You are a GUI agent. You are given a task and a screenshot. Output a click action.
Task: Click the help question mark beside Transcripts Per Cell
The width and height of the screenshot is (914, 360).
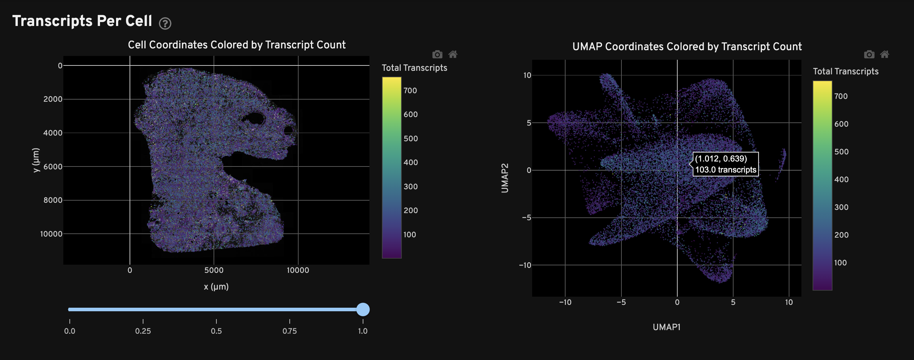[x=165, y=23]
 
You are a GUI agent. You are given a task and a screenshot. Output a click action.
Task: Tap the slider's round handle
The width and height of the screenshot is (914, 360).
[x=363, y=309]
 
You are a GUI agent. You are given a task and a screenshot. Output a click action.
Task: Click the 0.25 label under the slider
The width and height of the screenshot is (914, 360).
[x=143, y=331]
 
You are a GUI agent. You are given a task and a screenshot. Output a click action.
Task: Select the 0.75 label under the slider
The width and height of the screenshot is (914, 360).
[x=289, y=331]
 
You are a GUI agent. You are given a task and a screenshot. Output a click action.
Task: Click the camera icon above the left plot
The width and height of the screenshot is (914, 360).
[x=437, y=54]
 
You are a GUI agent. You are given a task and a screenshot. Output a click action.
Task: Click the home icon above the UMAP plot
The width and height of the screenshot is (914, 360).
[x=884, y=54]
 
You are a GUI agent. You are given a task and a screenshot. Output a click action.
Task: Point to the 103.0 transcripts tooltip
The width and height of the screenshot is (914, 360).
[x=725, y=164]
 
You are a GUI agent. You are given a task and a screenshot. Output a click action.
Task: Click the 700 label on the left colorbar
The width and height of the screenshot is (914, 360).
[x=410, y=91]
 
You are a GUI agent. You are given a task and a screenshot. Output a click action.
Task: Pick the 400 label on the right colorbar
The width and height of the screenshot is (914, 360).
[x=841, y=180]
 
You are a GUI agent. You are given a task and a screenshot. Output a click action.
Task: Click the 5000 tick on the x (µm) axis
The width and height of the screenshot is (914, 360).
[x=214, y=270]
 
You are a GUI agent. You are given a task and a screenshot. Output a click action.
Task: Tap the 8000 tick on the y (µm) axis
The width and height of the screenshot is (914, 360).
[x=53, y=200]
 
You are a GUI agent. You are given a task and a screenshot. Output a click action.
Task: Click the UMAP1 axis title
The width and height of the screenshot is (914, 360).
[x=666, y=327]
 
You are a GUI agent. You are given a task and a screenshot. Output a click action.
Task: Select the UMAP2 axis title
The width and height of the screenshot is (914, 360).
[x=505, y=178]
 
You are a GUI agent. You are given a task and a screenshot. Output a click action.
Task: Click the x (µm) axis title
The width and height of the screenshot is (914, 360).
[x=216, y=287]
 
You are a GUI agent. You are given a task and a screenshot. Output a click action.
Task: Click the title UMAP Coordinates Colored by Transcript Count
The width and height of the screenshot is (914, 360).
[x=687, y=47]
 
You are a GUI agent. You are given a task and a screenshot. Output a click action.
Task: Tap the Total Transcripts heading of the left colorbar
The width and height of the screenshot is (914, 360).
[x=414, y=68]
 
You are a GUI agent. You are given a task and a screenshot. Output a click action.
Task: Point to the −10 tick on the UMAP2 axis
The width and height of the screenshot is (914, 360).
[x=525, y=265]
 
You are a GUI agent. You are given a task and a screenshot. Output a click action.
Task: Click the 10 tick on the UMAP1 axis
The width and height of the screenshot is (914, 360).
[x=789, y=302]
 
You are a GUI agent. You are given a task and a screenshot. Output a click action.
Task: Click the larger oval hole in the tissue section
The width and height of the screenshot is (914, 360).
[x=254, y=118]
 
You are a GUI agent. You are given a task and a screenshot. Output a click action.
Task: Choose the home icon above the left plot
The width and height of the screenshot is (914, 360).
[x=453, y=54]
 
